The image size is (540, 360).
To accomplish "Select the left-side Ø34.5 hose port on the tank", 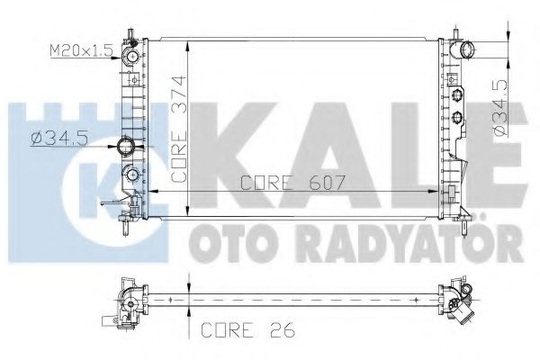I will pyautogui.click(x=127, y=146).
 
